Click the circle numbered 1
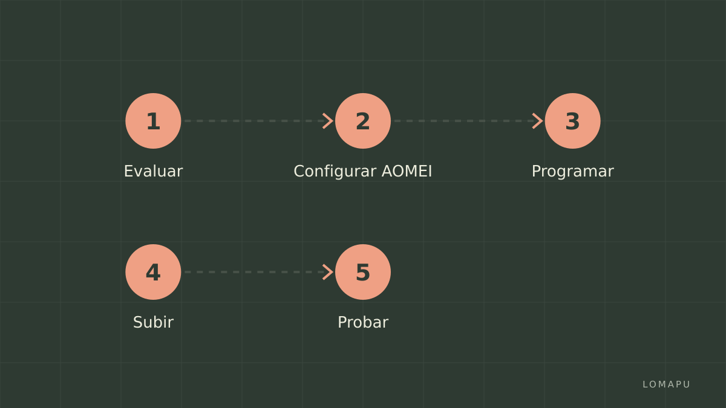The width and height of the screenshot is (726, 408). tap(153, 121)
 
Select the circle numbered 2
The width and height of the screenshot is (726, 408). tap(363, 121)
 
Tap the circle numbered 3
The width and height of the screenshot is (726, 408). tap(573, 121)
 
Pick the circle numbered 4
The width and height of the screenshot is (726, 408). tap(153, 272)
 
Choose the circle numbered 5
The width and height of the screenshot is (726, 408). tap(363, 272)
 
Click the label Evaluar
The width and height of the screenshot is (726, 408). tap(153, 171)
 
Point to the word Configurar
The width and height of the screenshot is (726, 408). tap(335, 172)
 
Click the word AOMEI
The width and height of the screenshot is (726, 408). tap(407, 171)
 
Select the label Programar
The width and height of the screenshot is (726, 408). tap(573, 172)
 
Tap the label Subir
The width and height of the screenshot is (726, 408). tap(153, 322)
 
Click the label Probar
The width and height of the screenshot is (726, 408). tap(363, 322)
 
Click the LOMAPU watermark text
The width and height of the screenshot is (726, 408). tap(666, 384)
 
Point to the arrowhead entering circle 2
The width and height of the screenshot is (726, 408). tap(328, 121)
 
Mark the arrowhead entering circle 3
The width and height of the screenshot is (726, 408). tap(538, 121)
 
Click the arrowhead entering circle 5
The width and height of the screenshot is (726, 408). tap(328, 272)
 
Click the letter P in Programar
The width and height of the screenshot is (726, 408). tap(537, 171)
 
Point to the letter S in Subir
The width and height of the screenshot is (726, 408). tap(138, 323)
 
